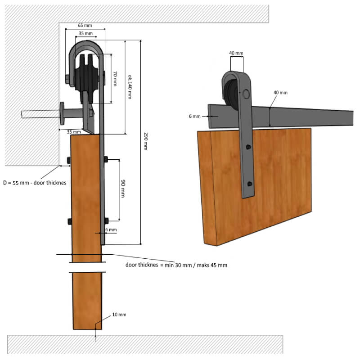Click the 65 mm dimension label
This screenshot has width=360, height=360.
tap(85, 25)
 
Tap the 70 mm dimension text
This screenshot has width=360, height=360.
tap(115, 78)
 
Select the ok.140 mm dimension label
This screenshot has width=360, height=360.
tap(130, 87)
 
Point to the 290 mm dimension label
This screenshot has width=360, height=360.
tap(145, 141)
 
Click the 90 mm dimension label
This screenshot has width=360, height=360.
tap(123, 189)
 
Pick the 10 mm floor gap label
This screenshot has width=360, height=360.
tap(119, 315)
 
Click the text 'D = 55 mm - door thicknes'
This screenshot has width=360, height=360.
tap(35, 183)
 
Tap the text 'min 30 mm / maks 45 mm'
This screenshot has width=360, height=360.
tap(196, 265)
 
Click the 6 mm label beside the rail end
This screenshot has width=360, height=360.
tap(195, 116)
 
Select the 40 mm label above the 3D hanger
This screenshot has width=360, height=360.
tap(236, 53)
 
